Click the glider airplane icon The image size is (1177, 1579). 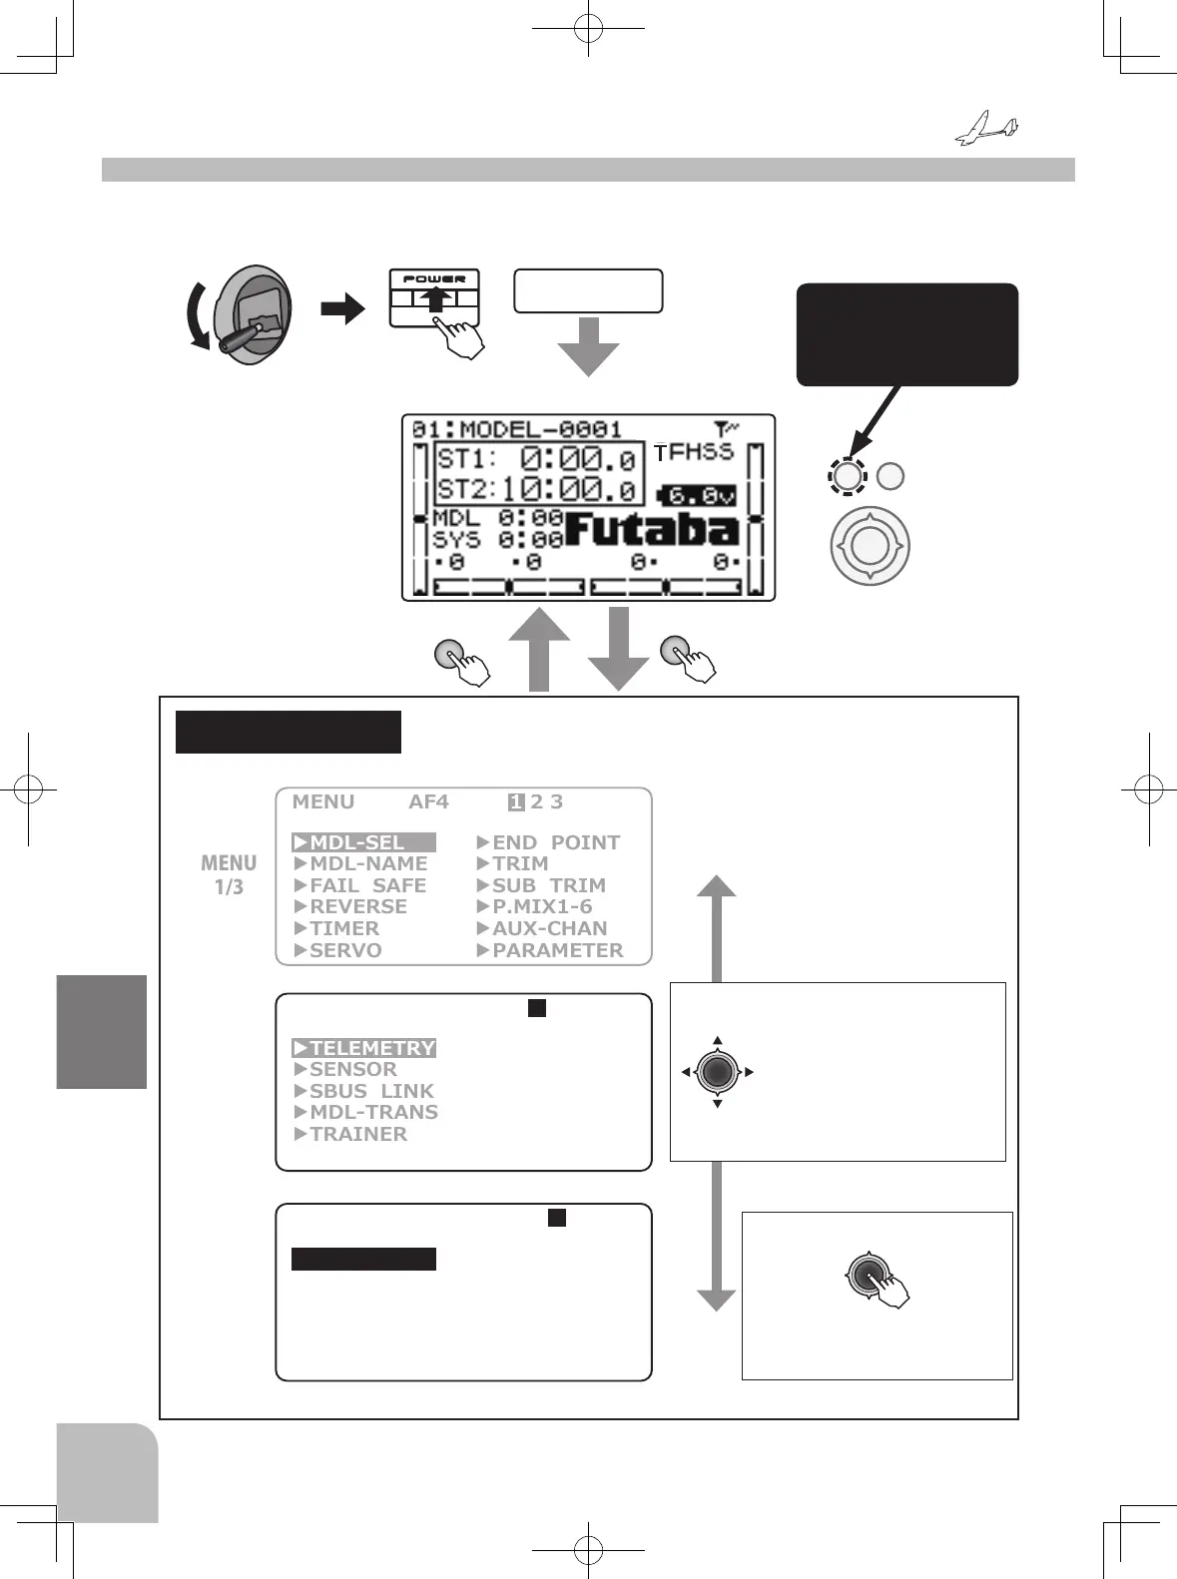(x=986, y=130)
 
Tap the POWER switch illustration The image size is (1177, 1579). (x=434, y=298)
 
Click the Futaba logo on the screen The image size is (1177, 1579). (x=652, y=530)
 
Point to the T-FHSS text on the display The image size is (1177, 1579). (x=694, y=452)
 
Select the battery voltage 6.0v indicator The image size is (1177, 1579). (x=698, y=495)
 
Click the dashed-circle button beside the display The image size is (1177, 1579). (x=847, y=476)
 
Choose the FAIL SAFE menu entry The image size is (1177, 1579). (x=360, y=885)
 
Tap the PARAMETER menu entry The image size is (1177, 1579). (x=550, y=950)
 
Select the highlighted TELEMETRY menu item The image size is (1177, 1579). (x=364, y=1048)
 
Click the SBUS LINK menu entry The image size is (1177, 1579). (x=364, y=1091)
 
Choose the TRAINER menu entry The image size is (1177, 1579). (x=351, y=1134)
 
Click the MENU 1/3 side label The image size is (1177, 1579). (x=229, y=874)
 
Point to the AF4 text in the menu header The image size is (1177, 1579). (x=428, y=801)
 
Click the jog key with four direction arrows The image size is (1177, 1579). (x=718, y=1072)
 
